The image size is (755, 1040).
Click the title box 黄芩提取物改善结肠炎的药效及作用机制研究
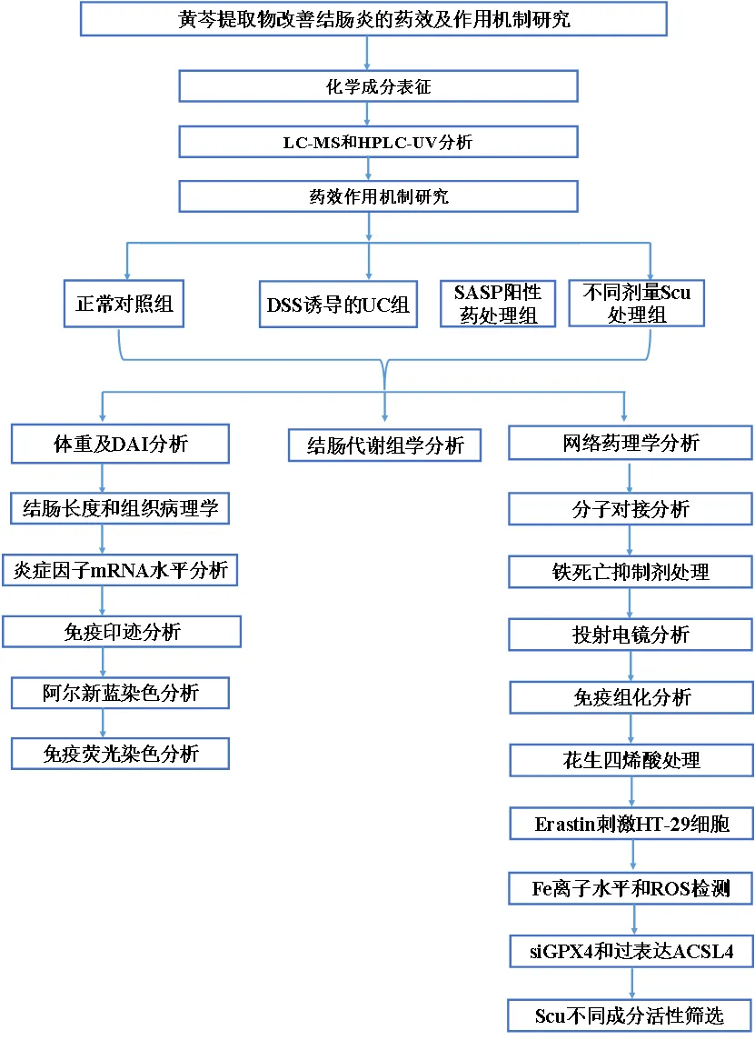(x=373, y=19)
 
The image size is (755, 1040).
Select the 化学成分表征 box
(x=379, y=87)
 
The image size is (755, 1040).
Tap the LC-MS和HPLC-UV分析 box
(x=379, y=142)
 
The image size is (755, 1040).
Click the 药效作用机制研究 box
(x=379, y=195)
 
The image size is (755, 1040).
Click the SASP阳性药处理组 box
(x=497, y=304)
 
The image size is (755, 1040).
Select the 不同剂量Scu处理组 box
(x=636, y=304)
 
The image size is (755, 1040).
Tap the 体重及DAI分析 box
(x=120, y=444)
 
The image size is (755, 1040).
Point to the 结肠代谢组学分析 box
(x=385, y=445)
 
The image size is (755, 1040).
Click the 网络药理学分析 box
(x=631, y=444)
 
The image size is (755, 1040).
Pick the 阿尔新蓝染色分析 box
(x=120, y=694)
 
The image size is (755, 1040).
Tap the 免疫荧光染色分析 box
(x=120, y=753)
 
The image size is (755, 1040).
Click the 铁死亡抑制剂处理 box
(x=631, y=571)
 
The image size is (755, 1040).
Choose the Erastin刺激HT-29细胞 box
(x=631, y=825)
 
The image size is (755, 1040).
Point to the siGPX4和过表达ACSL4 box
(x=631, y=952)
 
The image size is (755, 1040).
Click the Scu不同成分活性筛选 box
(x=631, y=1014)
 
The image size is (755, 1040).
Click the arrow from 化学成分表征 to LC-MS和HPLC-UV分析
(x=367, y=115)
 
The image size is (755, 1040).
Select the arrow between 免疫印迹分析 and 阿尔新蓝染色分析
(x=102, y=662)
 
